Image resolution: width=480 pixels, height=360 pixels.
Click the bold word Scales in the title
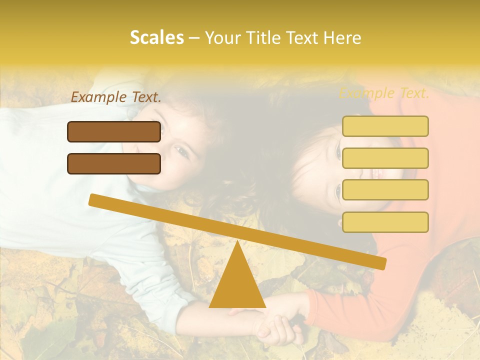pos(156,38)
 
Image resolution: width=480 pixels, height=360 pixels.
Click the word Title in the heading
pos(265,38)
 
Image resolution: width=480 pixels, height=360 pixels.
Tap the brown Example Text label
pos(116,97)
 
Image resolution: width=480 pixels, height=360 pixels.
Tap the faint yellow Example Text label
pos(384,93)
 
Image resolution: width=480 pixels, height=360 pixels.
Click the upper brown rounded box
pos(114,131)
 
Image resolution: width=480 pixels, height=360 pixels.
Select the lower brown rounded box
pos(114,163)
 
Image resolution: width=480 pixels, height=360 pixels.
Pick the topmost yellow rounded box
pos(385,126)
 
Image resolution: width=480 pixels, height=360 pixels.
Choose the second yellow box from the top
pos(385,158)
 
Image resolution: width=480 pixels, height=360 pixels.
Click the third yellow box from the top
pos(385,190)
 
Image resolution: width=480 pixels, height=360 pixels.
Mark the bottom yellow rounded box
pos(385,222)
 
